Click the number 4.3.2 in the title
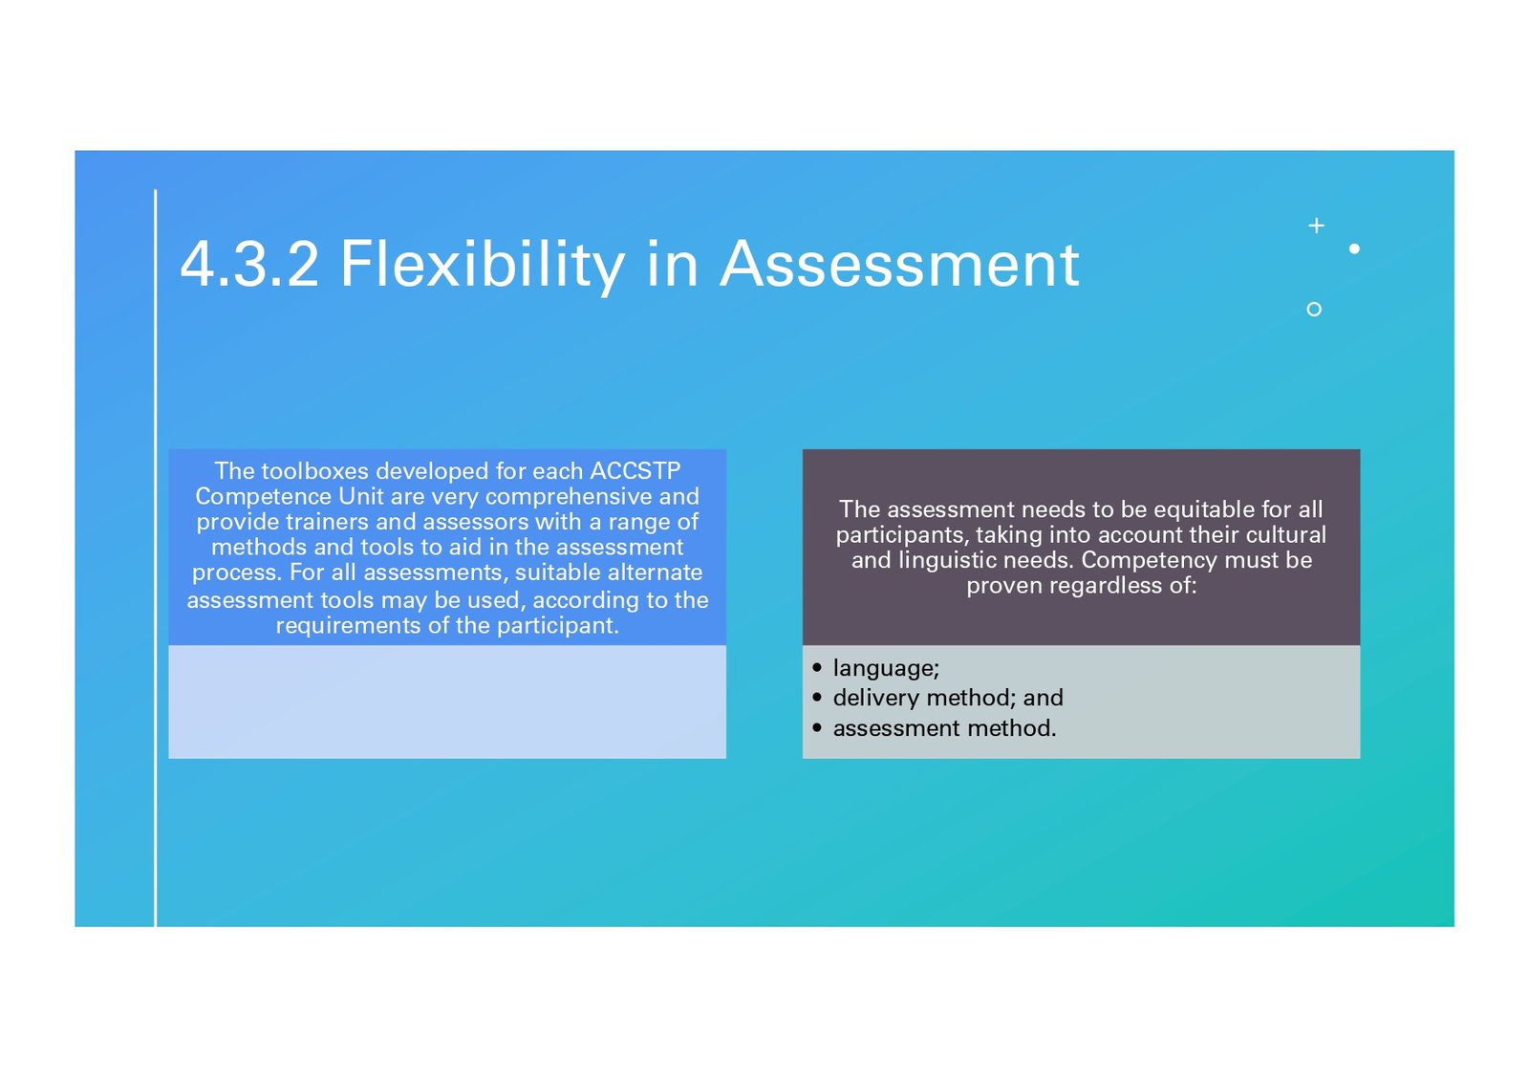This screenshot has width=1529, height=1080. (x=249, y=264)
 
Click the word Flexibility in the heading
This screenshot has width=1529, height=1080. (x=483, y=267)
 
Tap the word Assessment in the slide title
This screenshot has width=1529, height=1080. (x=899, y=264)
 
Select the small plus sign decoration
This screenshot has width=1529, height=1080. (x=1317, y=226)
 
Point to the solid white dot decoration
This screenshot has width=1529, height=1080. (x=1354, y=248)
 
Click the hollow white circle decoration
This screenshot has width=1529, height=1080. (x=1314, y=310)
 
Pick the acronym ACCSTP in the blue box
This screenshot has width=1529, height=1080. (x=635, y=471)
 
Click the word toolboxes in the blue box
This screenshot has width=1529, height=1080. (x=315, y=471)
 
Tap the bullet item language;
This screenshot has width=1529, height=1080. (x=886, y=668)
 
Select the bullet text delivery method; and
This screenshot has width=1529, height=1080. (x=948, y=698)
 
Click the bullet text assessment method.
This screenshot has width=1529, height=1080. (x=945, y=728)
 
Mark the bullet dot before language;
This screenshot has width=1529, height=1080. (x=817, y=668)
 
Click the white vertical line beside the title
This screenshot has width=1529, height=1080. (x=156, y=558)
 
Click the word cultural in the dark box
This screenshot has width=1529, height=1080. (x=1286, y=535)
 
